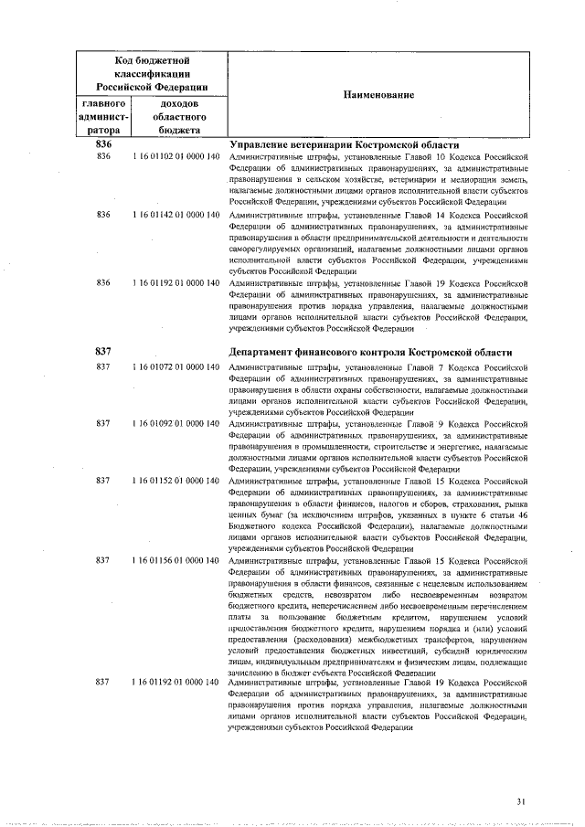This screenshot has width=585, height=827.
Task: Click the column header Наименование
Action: click(x=378, y=95)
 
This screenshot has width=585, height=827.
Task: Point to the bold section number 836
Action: click(x=103, y=145)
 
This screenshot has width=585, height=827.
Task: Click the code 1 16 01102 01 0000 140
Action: click(x=175, y=157)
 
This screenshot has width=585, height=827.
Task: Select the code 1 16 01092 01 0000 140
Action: click(x=175, y=424)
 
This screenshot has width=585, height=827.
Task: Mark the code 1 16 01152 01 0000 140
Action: click(x=175, y=480)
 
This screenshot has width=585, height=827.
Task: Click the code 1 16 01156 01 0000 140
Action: click(x=175, y=559)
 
